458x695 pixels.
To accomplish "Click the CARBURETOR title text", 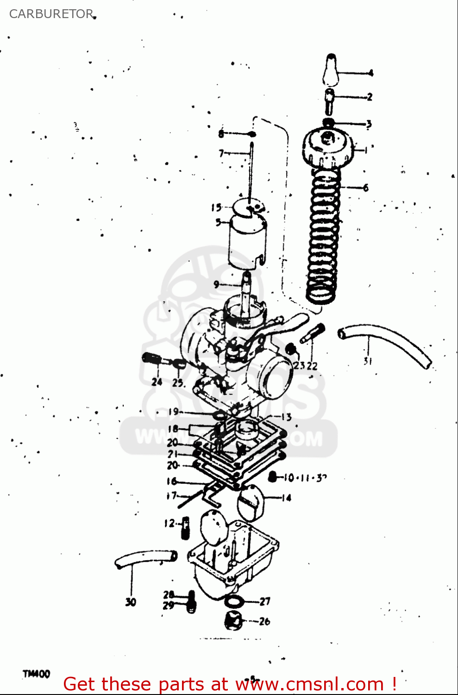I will pos(51,14).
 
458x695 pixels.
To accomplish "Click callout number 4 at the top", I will pos(370,73).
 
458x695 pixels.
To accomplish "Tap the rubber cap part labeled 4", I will pos(330,69).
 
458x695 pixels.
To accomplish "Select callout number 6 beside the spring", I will pos(366,188).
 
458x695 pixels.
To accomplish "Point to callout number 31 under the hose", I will pos(368,361).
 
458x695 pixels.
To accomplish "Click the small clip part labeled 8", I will pos(251,134).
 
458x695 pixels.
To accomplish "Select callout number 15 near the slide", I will pos(216,208).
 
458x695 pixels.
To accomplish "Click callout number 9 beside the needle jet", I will pos(216,284).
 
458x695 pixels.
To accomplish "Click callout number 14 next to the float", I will pos(286,498).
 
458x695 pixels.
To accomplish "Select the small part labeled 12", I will pos(185,527).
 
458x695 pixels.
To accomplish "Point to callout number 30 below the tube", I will pos(131,602).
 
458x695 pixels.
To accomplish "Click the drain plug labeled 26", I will pos(233,620).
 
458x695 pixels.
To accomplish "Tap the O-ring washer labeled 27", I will pos(234,602).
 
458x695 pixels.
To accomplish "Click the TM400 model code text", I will pos(36,674).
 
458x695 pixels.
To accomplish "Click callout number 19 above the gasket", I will pos(173,411).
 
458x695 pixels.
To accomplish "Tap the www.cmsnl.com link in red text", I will pos(310,684).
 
